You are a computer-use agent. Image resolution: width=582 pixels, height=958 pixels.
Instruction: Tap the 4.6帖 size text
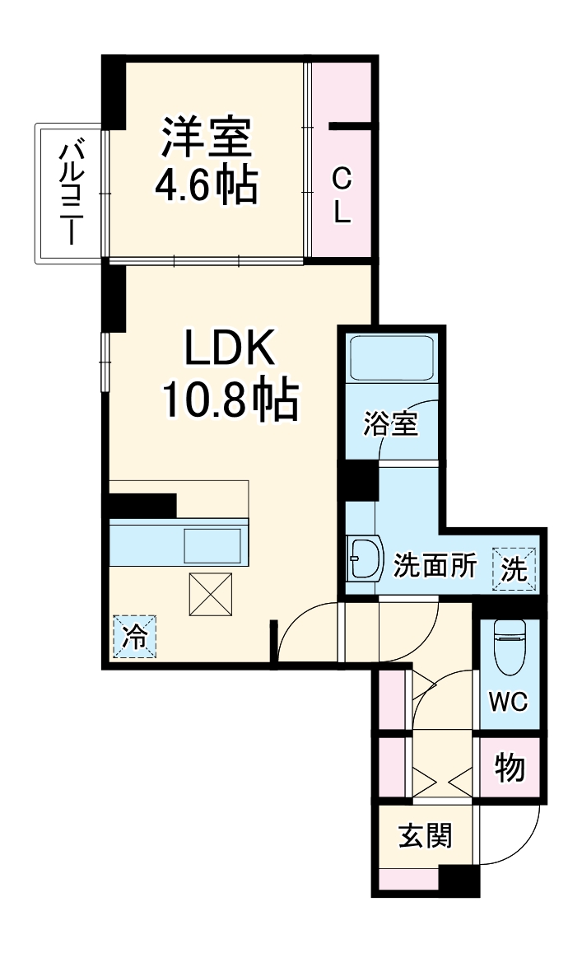click(x=207, y=186)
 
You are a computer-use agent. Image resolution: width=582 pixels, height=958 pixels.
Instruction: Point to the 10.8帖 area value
click(x=228, y=401)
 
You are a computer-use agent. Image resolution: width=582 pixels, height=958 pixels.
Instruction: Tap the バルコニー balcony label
click(x=68, y=194)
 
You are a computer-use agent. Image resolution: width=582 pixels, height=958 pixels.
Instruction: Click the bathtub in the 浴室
click(x=392, y=357)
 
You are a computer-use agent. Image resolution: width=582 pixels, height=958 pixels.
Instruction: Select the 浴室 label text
click(x=392, y=423)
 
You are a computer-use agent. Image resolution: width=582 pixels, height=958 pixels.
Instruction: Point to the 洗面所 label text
click(x=435, y=567)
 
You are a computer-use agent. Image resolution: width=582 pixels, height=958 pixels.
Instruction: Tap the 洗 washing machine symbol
click(x=514, y=569)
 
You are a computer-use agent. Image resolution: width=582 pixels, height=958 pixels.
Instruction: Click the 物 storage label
click(x=510, y=768)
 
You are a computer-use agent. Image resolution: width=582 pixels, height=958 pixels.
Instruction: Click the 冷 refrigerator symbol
click(x=133, y=636)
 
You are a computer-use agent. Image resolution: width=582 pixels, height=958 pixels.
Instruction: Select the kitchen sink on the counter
click(x=213, y=545)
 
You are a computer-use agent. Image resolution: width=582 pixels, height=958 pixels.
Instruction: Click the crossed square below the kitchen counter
click(x=211, y=593)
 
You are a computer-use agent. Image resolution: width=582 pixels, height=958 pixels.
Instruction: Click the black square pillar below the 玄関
click(x=459, y=881)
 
